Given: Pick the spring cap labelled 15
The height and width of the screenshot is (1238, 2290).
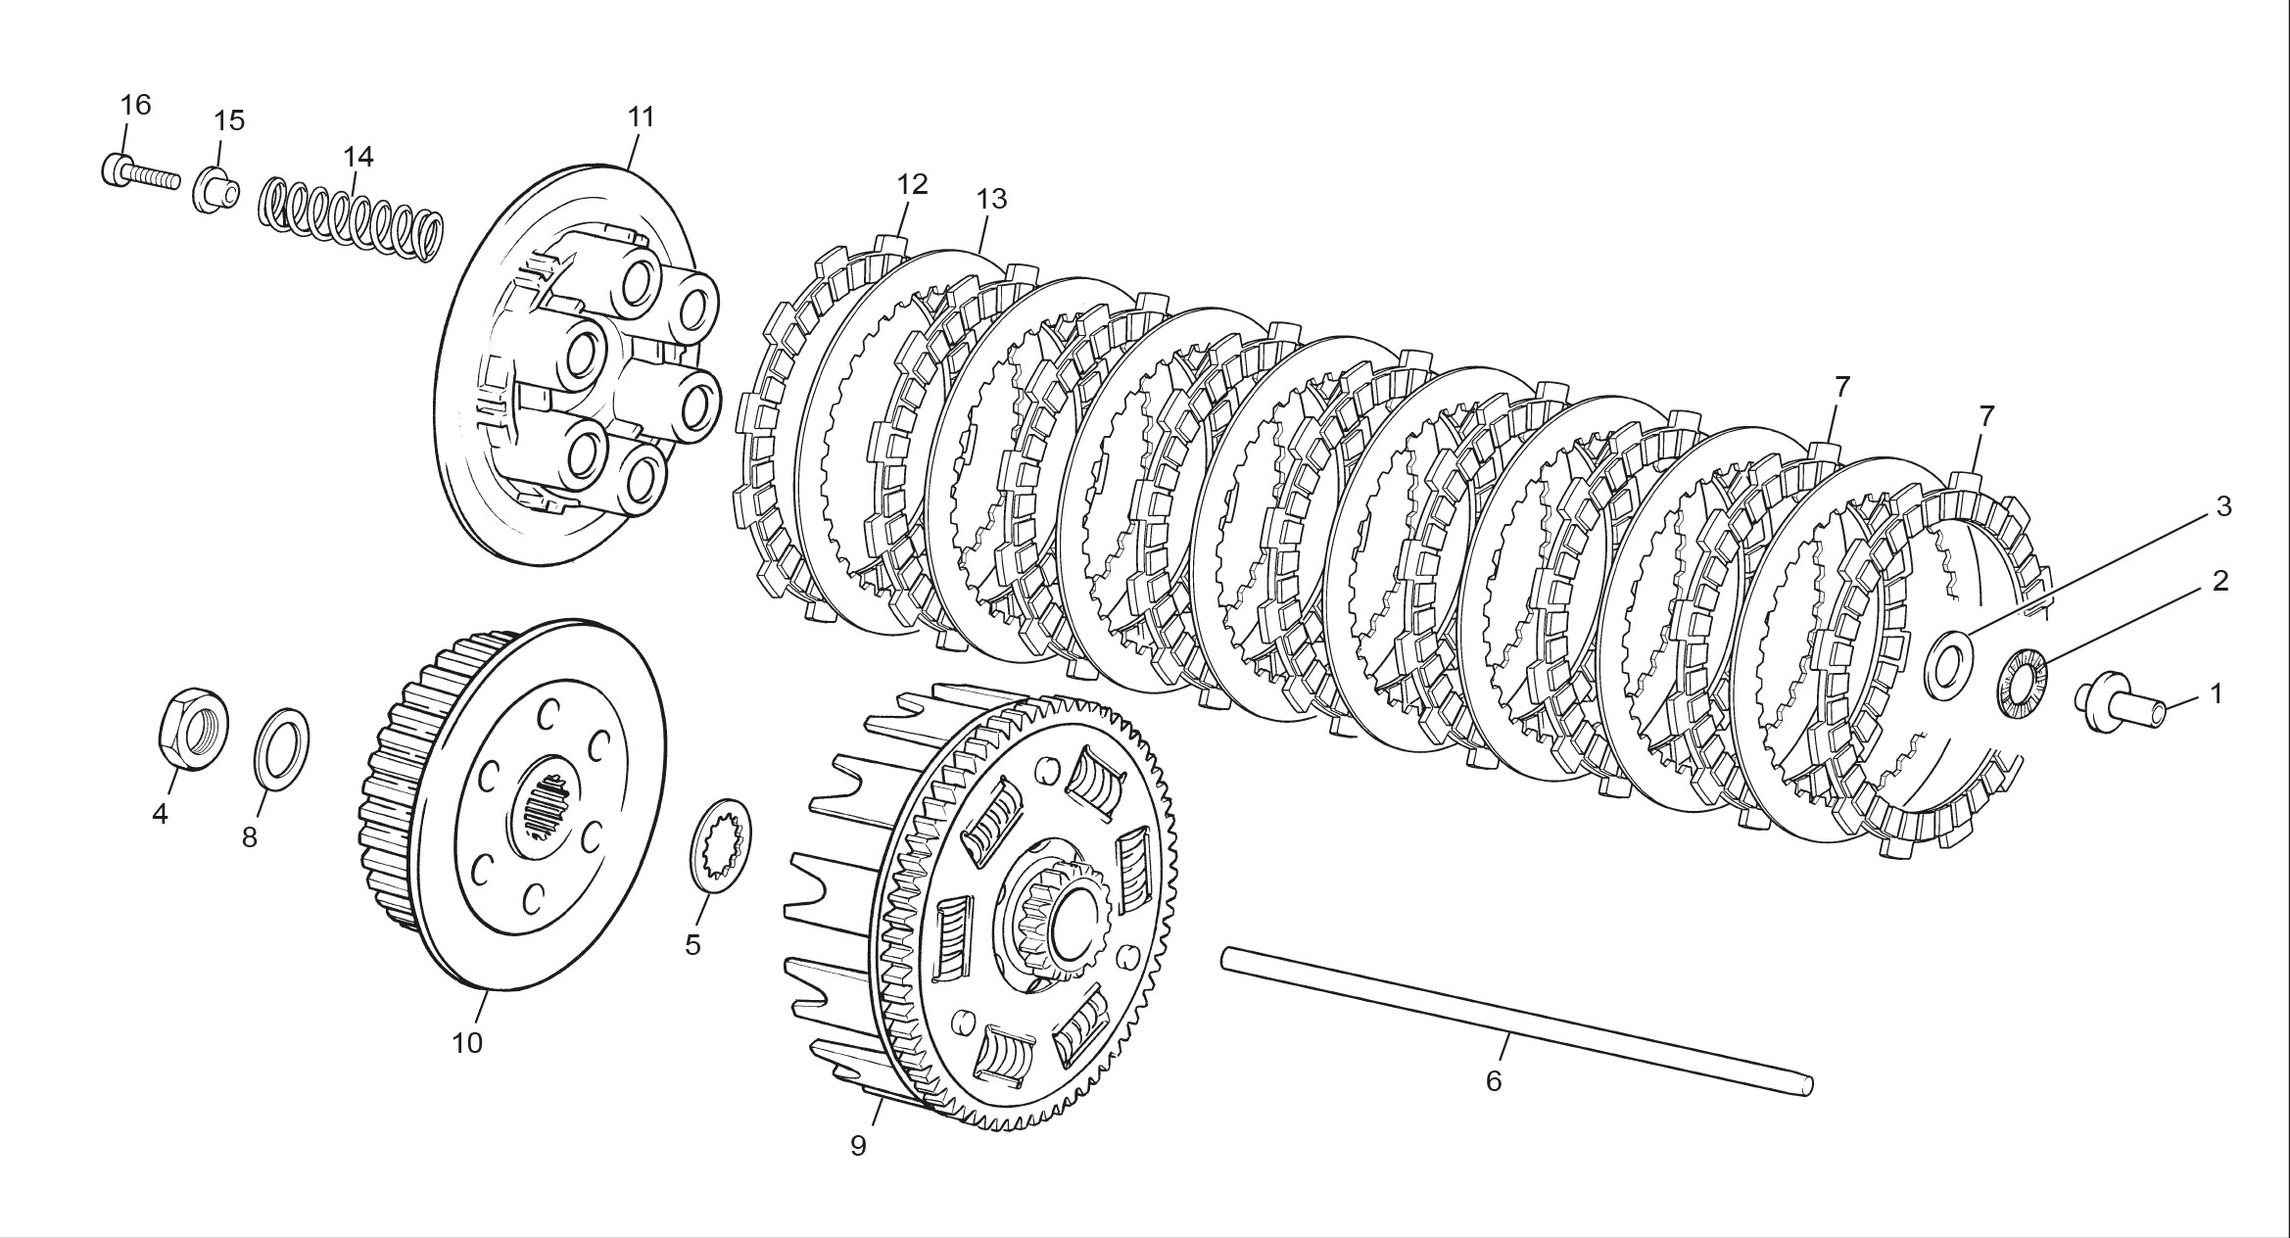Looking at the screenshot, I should click(x=215, y=188).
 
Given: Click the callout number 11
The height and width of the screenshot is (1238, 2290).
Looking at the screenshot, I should click(x=641, y=118).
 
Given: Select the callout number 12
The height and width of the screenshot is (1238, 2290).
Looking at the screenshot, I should click(x=912, y=184).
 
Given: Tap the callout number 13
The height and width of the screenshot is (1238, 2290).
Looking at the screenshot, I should click(x=991, y=199).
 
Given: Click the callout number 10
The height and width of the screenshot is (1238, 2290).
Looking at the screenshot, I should click(x=467, y=1043).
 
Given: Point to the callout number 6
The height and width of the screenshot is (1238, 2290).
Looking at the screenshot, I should click(x=1493, y=1081).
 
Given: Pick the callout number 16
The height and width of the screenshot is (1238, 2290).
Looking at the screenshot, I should click(x=136, y=104).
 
